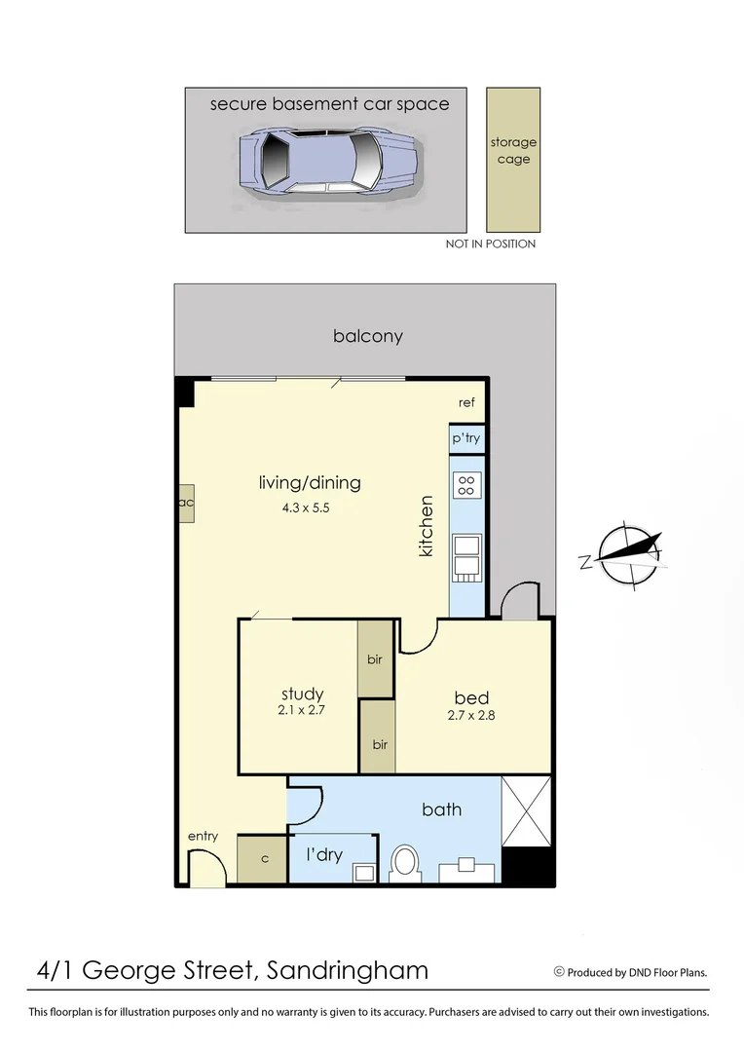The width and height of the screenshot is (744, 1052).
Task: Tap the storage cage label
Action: pos(513,151)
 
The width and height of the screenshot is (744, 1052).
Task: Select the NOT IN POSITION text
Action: pos(491,244)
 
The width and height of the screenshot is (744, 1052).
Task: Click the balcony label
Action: pos(367,336)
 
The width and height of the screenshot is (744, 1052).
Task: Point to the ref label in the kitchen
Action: pos(466,402)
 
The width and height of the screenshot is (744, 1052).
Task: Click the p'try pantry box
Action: pos(465,438)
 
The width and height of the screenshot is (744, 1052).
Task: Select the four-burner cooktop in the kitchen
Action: pos(466,484)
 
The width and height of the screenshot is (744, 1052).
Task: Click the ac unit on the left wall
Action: pos(185,503)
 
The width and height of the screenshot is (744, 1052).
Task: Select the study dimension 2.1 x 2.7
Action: pos(300,710)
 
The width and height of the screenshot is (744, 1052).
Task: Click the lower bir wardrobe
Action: pos(379,744)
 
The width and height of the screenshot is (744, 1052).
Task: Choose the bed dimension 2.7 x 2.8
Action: pos(471,716)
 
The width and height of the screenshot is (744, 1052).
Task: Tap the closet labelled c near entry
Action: pos(263,859)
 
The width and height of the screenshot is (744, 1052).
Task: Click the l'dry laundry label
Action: pos(324,854)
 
